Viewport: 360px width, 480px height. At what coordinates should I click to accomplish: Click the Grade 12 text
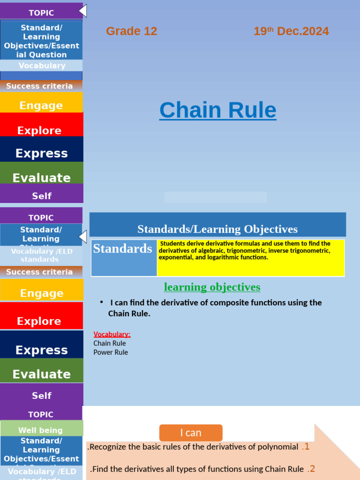click(x=131, y=31)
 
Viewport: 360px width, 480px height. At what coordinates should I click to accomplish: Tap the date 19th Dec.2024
click(x=291, y=31)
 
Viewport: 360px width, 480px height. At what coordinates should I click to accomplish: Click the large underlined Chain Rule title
click(x=217, y=110)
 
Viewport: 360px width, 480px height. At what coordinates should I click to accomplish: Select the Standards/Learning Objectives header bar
click(x=217, y=229)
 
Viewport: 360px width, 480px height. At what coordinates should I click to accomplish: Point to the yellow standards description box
click(x=251, y=257)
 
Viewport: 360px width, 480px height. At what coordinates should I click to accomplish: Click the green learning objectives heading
click(x=212, y=287)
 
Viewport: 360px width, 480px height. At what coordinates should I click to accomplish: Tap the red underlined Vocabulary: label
click(x=112, y=334)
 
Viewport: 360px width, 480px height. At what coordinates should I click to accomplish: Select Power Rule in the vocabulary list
click(x=111, y=352)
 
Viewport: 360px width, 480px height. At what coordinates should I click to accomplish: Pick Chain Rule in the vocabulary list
click(x=110, y=343)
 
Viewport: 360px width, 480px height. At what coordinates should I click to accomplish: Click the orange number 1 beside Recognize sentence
click(x=305, y=447)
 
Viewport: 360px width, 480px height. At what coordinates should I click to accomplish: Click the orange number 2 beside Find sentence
click(x=311, y=469)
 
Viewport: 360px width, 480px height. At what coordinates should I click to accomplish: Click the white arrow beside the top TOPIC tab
click(x=83, y=10)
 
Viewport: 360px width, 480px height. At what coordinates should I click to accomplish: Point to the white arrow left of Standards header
click(x=83, y=237)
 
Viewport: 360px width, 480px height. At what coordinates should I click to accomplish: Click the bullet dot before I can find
click(x=102, y=302)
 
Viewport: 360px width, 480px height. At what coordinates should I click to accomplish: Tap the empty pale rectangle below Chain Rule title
click(x=215, y=197)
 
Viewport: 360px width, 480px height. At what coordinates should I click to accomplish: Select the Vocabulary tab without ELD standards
click(x=42, y=66)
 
